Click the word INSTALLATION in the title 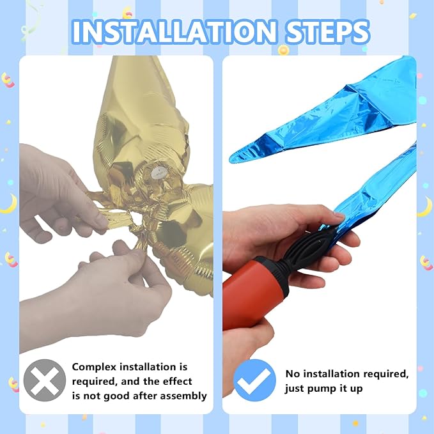[x=174, y=31]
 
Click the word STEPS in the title [x=327, y=31]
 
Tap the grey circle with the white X [x=45, y=380]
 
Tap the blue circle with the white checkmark [x=254, y=380]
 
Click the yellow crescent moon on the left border [x=9, y=204]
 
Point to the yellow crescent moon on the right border [x=425, y=206]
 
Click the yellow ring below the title [x=283, y=50]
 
